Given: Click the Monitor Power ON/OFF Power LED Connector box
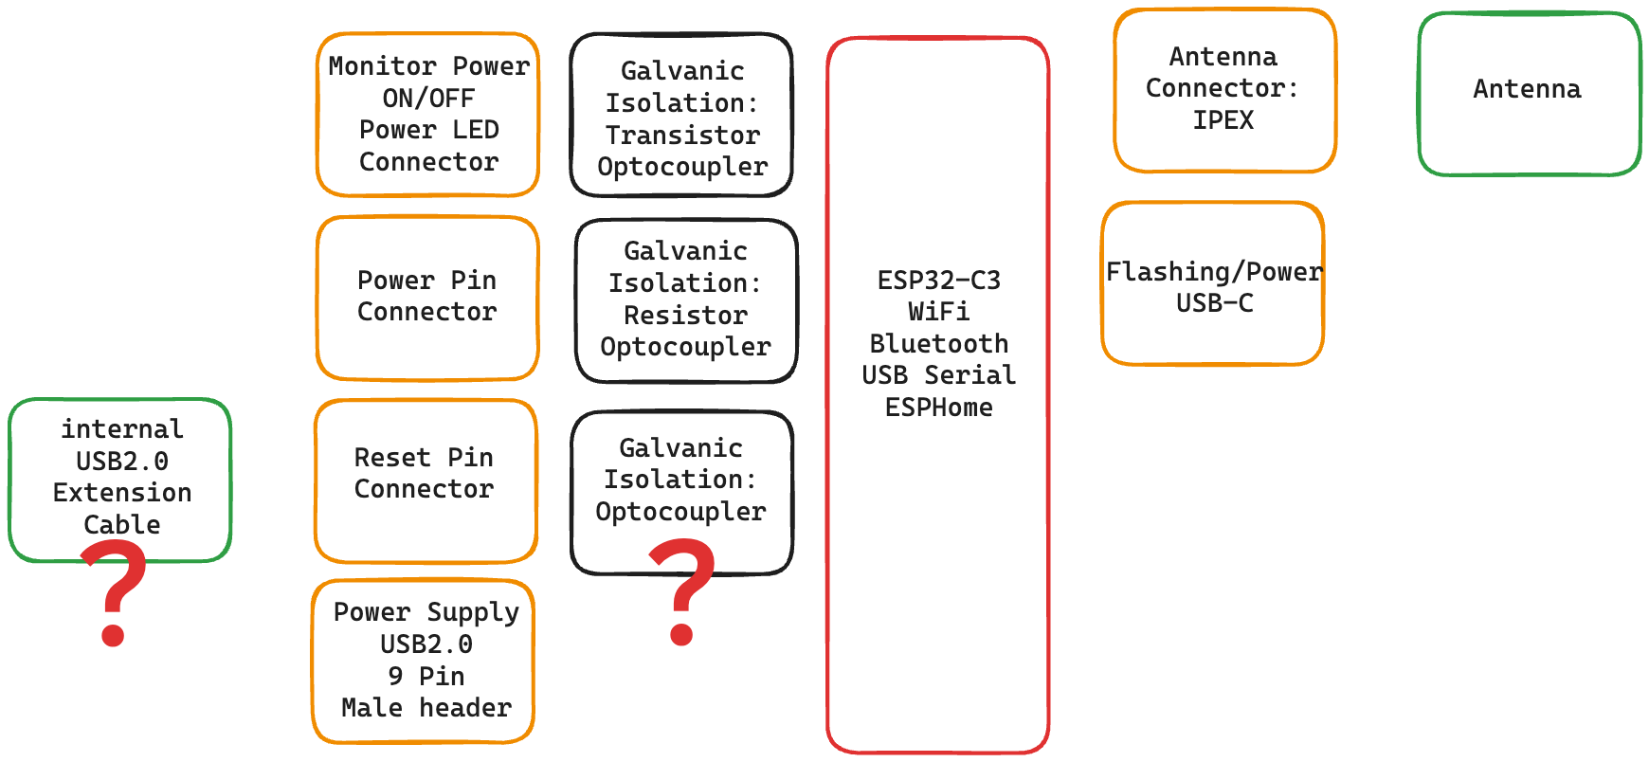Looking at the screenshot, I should click(427, 115).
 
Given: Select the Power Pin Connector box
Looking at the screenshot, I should click(427, 298).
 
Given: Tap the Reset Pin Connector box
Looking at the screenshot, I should click(426, 480).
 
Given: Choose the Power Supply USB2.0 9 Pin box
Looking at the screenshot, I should click(424, 661).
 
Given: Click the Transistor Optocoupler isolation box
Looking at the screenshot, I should click(681, 116).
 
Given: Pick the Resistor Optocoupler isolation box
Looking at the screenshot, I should click(686, 300).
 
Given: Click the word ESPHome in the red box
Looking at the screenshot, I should click(938, 408).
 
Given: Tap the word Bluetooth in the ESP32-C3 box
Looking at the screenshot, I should click(938, 343).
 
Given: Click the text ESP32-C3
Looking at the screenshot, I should click(938, 281).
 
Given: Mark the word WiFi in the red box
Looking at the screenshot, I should click(938, 312).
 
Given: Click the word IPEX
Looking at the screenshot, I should click(1223, 120).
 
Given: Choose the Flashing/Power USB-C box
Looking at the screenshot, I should click(1213, 284).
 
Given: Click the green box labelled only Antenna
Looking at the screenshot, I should click(1529, 93).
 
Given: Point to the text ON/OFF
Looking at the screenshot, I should click(428, 99).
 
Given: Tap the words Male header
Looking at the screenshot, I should click(426, 708).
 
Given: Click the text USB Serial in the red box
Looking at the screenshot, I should click(938, 375).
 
